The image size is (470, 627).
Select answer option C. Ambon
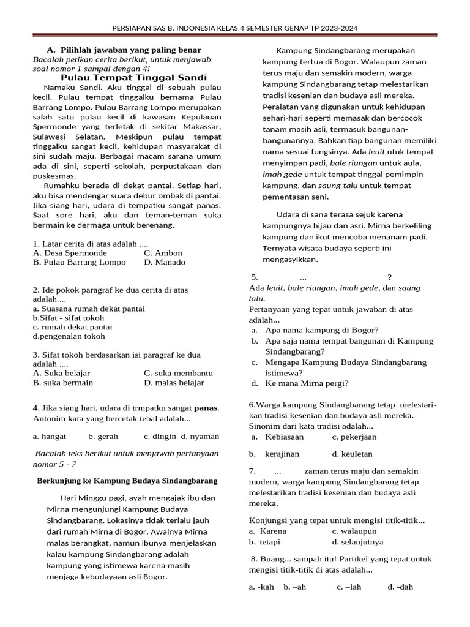163,253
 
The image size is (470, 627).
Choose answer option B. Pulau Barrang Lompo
80,262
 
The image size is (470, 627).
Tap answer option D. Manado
165,262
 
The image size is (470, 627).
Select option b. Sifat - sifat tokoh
69,318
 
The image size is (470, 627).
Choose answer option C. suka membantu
178,373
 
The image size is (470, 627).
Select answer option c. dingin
160,437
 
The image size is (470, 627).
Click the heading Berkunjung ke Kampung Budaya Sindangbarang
127,481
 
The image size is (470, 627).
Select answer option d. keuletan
352,454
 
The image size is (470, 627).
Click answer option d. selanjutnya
357,542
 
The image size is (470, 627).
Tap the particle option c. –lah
349,587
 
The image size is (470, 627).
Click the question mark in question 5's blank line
389,276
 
